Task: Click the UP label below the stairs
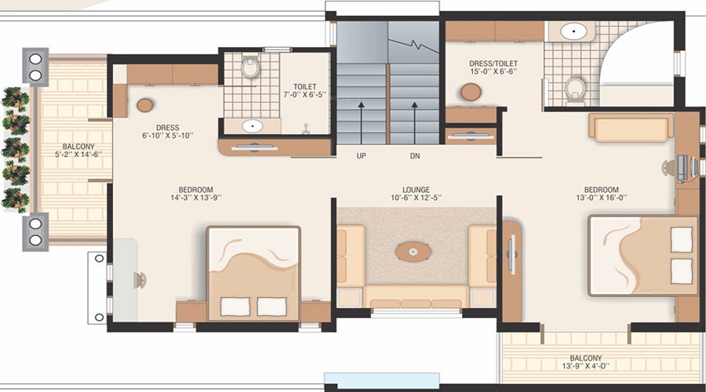click(x=361, y=156)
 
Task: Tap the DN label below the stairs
click(x=415, y=156)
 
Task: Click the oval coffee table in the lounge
click(x=413, y=251)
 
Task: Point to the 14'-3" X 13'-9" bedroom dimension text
click(x=195, y=200)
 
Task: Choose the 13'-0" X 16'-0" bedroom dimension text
click(x=601, y=200)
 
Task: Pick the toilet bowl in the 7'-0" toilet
click(x=250, y=67)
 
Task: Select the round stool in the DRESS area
click(x=145, y=105)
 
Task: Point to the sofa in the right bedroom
click(x=631, y=128)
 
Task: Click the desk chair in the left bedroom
click(x=140, y=279)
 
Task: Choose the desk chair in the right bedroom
click(x=669, y=167)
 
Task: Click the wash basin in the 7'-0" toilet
click(x=253, y=125)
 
